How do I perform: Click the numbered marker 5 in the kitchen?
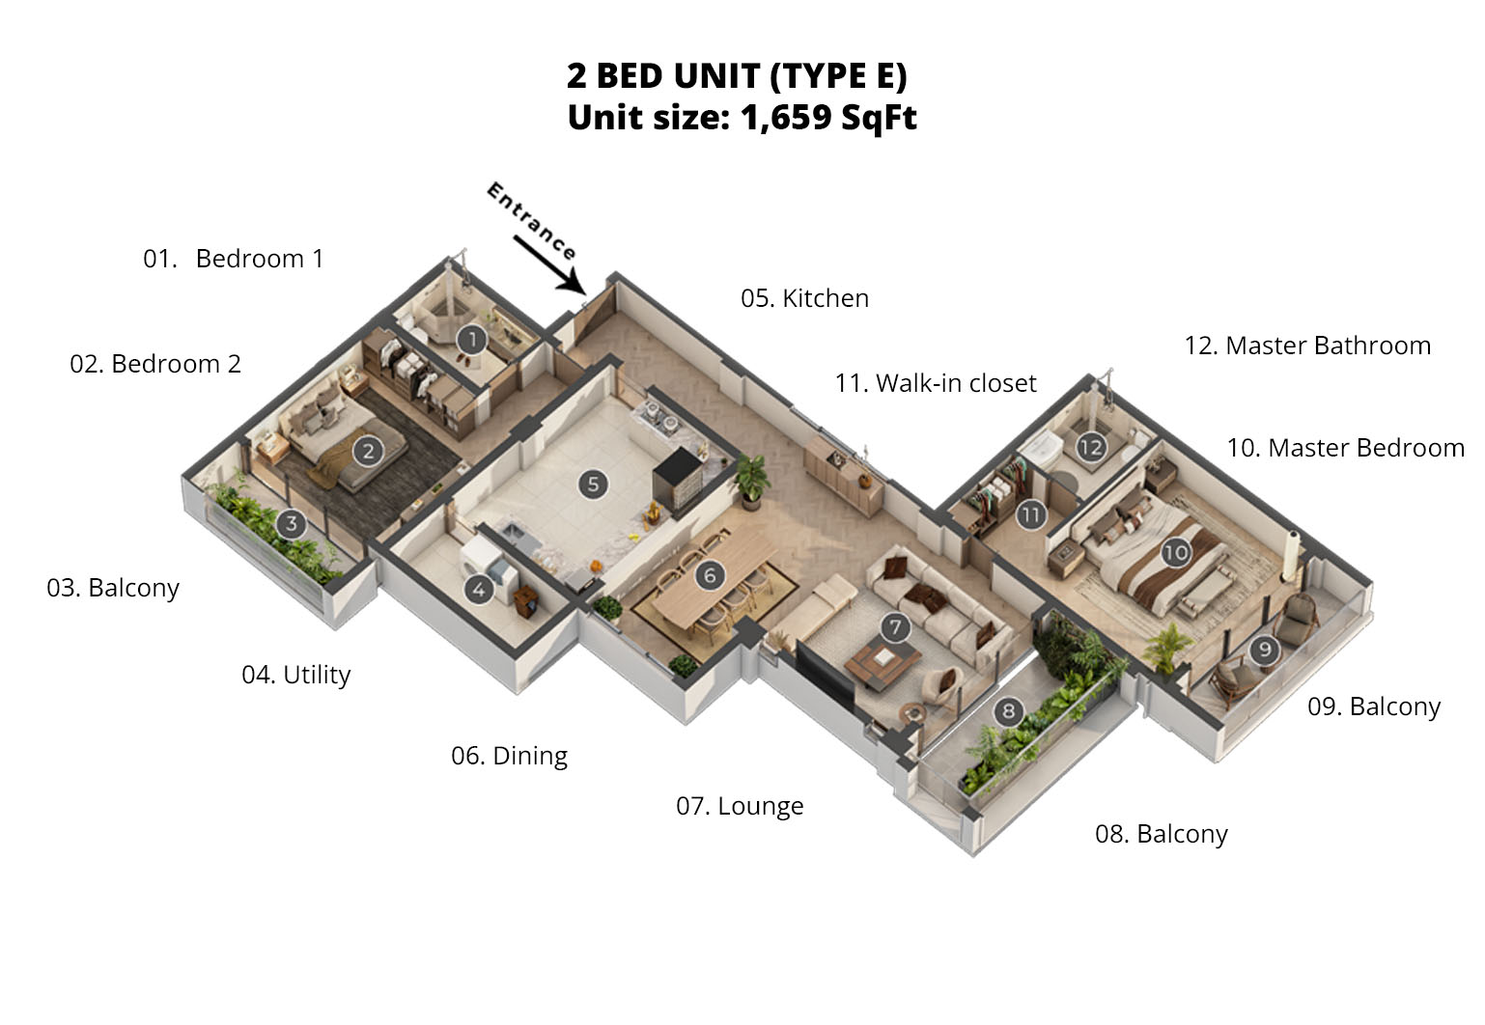pyautogui.click(x=593, y=485)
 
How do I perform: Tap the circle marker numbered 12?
pyautogui.click(x=1090, y=448)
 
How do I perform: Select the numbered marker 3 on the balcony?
pyautogui.click(x=291, y=524)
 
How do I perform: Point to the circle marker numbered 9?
pyautogui.click(x=1264, y=650)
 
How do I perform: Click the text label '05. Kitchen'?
pyautogui.click(x=804, y=299)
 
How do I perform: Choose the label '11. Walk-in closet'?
pyautogui.click(x=936, y=383)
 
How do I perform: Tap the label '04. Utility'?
pyautogui.click(x=295, y=676)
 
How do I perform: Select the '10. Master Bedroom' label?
pyautogui.click(x=1345, y=448)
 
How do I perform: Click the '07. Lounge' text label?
pyautogui.click(x=740, y=806)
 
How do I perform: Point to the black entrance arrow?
pyautogui.click(x=549, y=265)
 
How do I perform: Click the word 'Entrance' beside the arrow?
pyautogui.click(x=531, y=221)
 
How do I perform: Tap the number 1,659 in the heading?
pyautogui.click(x=786, y=118)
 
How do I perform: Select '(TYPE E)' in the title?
pyautogui.click(x=838, y=75)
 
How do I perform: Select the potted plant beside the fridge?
pyautogui.click(x=751, y=481)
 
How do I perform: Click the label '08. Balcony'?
pyautogui.click(x=1162, y=834)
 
